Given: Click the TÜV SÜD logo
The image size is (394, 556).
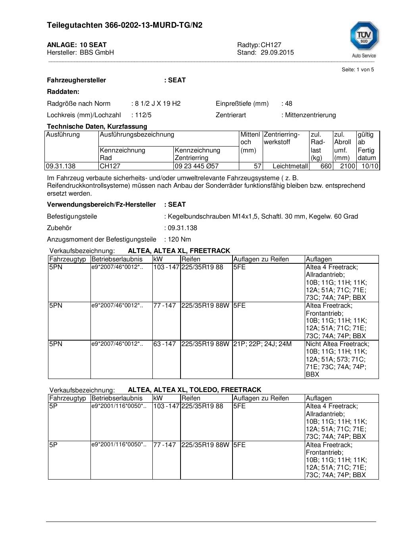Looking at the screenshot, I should click(x=364, y=39).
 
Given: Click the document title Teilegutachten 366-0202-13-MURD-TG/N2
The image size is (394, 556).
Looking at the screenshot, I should click(x=125, y=25).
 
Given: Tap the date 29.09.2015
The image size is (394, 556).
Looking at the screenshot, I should click(x=277, y=53).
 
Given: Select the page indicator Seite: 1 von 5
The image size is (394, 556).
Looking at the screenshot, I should click(x=357, y=70).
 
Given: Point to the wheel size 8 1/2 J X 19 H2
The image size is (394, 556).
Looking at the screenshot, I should click(x=158, y=104).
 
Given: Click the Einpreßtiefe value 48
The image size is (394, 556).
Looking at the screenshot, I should click(x=288, y=104).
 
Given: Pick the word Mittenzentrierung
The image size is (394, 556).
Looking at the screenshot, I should click(x=310, y=115).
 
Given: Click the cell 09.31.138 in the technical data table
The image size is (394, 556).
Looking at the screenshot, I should click(x=61, y=166).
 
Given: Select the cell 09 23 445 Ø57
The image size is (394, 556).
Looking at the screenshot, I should click(x=196, y=166).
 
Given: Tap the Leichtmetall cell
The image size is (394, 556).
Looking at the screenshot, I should click(x=290, y=166).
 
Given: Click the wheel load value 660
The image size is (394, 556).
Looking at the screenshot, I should click(x=326, y=166).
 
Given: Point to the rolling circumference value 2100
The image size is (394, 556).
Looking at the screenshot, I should click(x=348, y=166).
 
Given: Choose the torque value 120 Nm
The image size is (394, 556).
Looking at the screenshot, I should click(x=179, y=240).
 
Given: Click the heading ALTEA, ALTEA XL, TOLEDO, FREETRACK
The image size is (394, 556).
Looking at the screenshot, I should click(x=194, y=390).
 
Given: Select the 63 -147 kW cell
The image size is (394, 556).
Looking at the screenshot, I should click(x=165, y=344).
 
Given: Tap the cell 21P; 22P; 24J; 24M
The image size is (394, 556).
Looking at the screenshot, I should click(x=262, y=344).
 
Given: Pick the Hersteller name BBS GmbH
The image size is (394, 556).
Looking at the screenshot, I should click(x=97, y=53).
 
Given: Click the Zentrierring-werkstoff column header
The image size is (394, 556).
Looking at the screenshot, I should click(x=282, y=138).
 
